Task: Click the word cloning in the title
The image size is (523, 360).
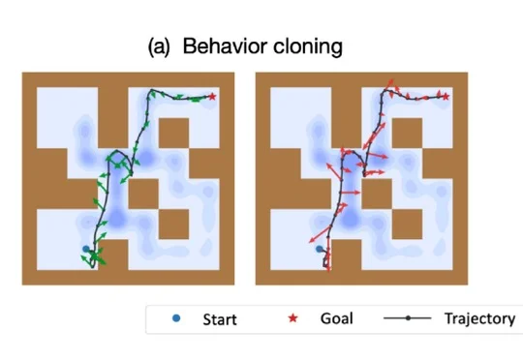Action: [x=308, y=47]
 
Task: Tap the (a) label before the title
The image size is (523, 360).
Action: [x=159, y=46]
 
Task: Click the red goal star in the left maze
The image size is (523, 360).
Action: [x=212, y=97]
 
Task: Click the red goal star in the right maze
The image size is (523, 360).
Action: [x=446, y=97]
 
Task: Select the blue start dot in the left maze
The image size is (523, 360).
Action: [x=86, y=249]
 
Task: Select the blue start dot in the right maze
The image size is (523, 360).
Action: [x=320, y=249]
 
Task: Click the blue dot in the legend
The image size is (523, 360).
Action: [x=176, y=318]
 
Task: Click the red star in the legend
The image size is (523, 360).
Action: [x=292, y=318]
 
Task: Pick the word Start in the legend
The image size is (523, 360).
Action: [x=220, y=319]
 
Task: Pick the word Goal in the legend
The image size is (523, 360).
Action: [x=336, y=318]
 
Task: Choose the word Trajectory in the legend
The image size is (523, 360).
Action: [x=480, y=319]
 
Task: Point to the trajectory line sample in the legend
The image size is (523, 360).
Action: [x=408, y=318]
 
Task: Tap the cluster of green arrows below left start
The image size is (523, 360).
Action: [x=94, y=257]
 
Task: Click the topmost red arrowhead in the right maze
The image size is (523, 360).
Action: [x=391, y=81]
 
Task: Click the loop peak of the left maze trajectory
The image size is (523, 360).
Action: [x=117, y=151]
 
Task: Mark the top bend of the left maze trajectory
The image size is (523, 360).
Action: [x=151, y=90]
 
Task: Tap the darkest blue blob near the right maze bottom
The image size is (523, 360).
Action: [x=350, y=219]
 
